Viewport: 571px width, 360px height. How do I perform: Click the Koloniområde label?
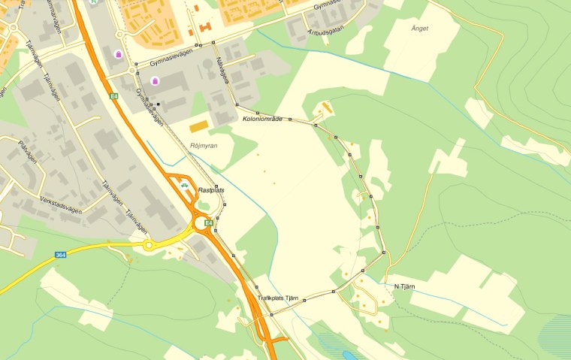tap(262, 119)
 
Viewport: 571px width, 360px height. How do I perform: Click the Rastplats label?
tap(211, 191)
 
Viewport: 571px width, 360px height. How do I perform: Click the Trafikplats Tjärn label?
tap(278, 298)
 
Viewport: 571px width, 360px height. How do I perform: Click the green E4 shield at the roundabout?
tap(209, 222)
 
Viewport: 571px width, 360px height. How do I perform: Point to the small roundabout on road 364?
tap(149, 245)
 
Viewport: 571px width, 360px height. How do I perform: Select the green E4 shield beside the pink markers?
tap(113, 95)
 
